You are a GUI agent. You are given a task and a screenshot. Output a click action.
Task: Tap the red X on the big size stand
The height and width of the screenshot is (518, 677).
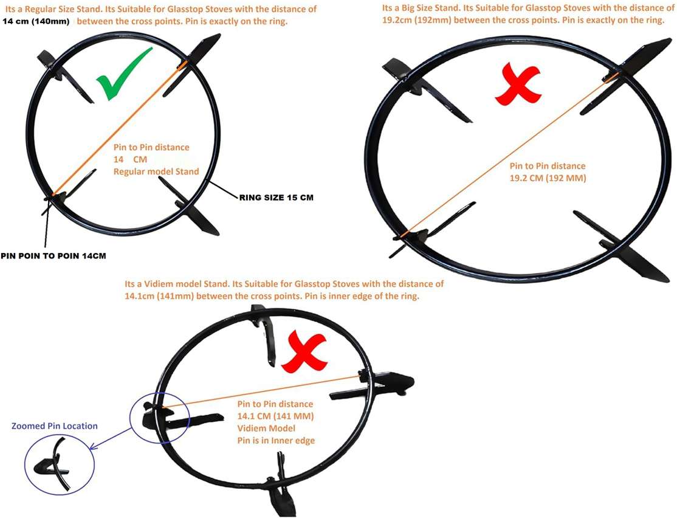pos(517,85)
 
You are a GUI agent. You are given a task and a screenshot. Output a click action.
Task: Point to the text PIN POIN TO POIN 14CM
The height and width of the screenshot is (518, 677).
pos(53,256)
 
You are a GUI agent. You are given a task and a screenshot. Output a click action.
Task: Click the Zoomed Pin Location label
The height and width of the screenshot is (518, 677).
pos(55,426)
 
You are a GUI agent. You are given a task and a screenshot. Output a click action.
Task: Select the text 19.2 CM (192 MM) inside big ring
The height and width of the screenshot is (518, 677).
pos(547,179)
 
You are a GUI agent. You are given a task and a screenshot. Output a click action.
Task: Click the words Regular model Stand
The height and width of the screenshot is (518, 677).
pos(156,171)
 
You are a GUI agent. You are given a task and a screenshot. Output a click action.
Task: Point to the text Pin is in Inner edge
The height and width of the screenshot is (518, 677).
pos(276,440)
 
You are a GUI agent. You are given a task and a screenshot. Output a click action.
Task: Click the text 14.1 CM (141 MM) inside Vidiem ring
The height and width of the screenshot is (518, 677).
pos(275,416)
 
